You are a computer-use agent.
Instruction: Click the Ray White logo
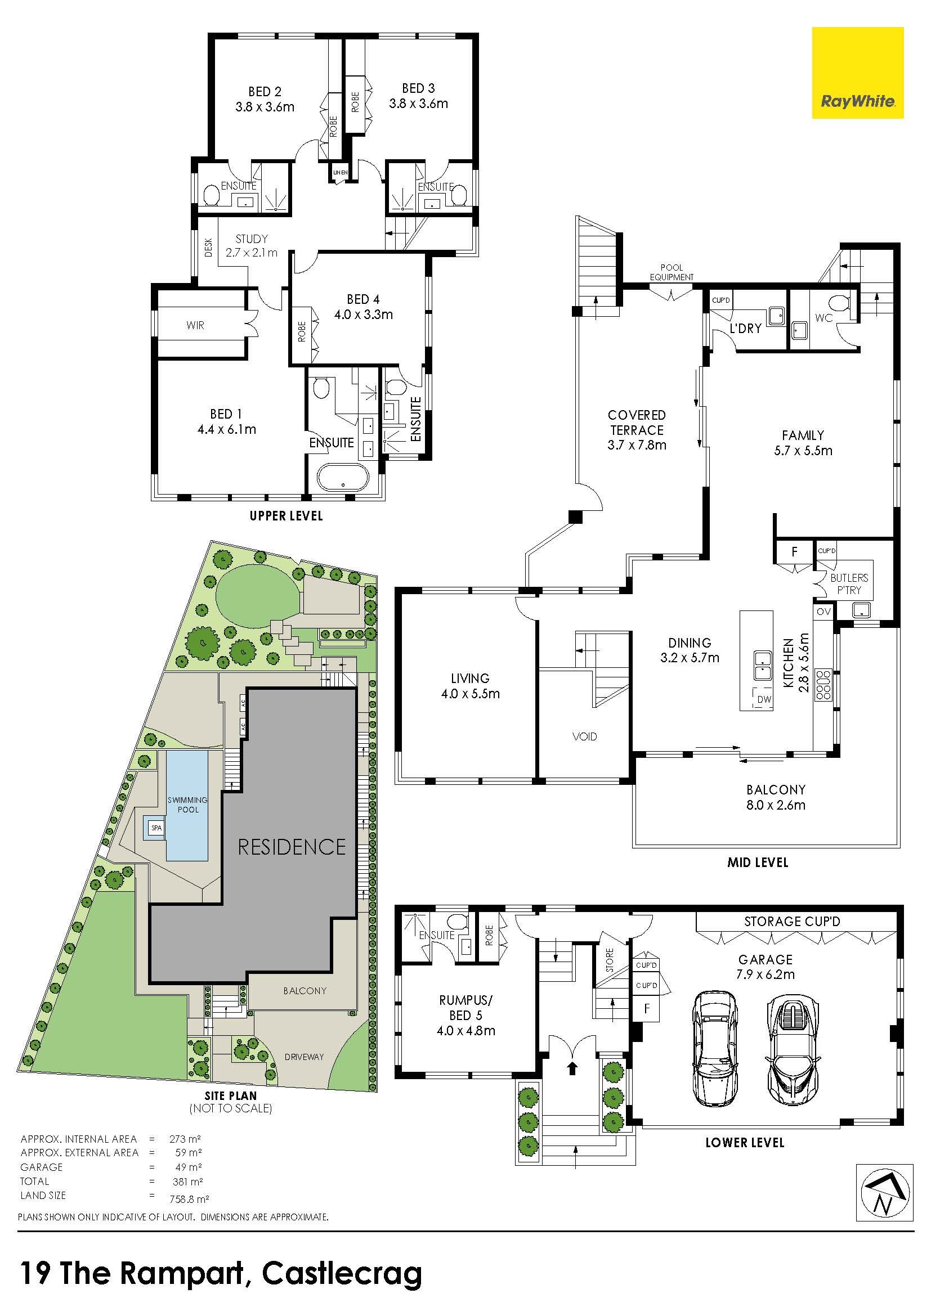pos(857,73)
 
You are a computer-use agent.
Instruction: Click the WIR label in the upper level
pos(195,325)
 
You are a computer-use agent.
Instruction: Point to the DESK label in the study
pos(208,247)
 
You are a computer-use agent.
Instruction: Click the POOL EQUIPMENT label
pos(672,272)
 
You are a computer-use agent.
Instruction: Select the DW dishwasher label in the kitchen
pos(764,699)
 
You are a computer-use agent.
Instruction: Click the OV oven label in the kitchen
pos(823,612)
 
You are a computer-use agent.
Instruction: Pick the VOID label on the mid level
pos(585,736)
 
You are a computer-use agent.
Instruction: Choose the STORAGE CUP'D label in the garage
pos(793,922)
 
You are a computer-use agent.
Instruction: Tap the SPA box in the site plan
pos(156,828)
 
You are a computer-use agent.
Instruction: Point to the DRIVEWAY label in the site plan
pos(304,1057)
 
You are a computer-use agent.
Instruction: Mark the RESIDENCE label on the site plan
pos(292,847)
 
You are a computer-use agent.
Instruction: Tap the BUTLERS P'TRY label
pos(849,583)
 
